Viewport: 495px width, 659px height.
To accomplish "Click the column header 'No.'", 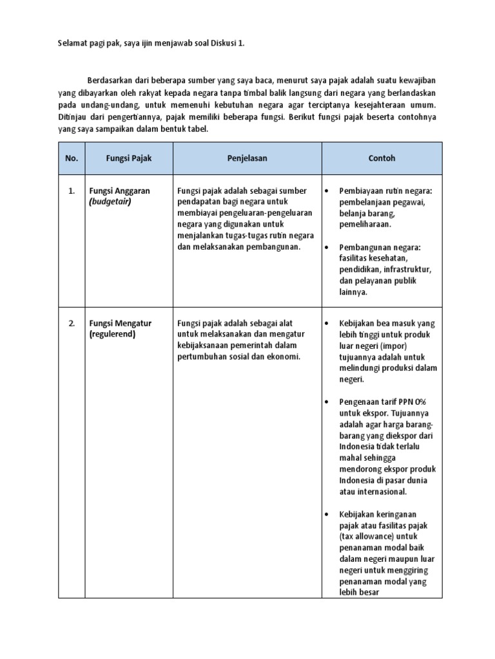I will (71, 158).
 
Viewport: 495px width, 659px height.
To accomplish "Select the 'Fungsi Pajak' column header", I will (129, 158).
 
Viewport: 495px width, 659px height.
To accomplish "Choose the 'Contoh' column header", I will (382, 158).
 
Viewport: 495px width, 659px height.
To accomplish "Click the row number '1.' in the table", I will (72, 191).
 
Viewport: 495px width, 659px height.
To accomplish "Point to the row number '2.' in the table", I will (72, 323).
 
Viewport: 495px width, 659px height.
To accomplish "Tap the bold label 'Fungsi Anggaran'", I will (120, 191).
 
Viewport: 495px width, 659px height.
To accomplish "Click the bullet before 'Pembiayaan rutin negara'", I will (327, 192).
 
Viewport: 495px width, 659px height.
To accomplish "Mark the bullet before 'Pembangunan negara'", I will (327, 247).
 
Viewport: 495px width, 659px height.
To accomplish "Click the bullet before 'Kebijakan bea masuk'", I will (327, 324).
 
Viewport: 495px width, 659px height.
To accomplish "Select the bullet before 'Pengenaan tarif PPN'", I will (327, 402).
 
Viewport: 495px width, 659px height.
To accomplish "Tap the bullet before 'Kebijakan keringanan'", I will (327, 514).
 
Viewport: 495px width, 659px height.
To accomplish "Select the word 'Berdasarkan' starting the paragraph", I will (110, 80).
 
